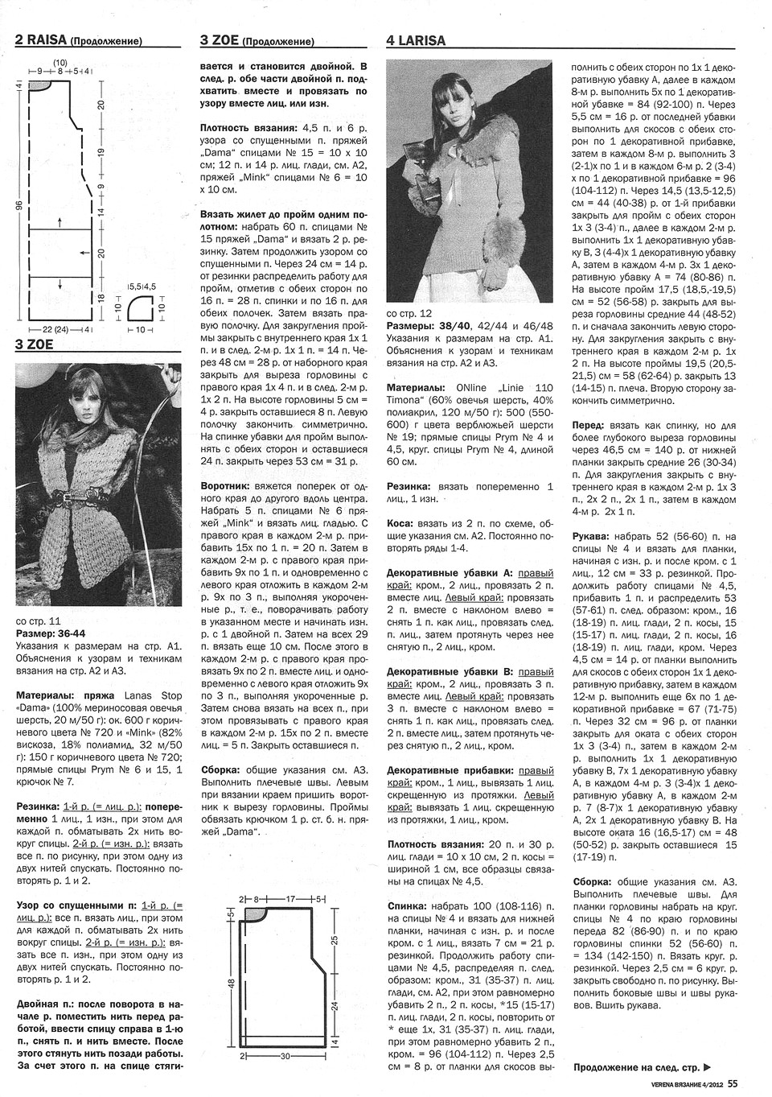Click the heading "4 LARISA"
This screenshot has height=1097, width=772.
coord(416,41)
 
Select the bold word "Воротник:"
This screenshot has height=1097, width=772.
coord(227,488)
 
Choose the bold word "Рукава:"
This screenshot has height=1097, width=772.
coord(593,535)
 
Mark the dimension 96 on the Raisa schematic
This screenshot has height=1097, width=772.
coord(18,205)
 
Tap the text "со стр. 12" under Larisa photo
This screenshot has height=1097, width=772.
coord(409,313)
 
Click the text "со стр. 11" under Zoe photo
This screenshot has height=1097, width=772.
coord(38,621)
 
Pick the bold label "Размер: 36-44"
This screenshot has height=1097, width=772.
coord(49,633)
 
